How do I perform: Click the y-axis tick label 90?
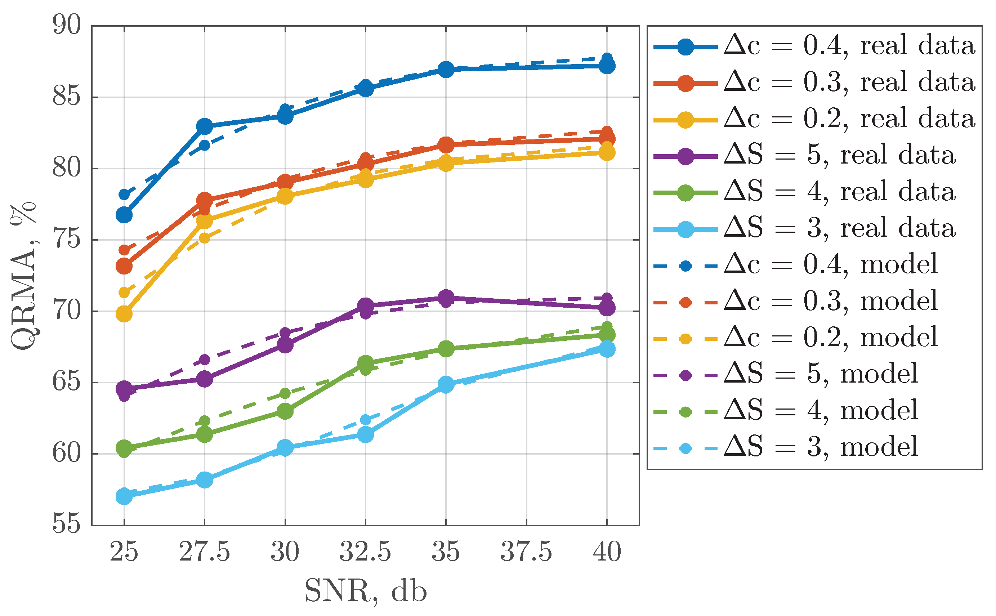[x=67, y=25]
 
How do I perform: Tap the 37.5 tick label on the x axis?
[x=526, y=552]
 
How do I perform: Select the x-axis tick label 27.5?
[x=205, y=552]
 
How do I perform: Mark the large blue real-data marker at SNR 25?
[x=124, y=215]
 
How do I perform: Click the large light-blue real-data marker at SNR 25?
[x=124, y=497]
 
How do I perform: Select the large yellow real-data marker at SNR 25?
[x=124, y=314]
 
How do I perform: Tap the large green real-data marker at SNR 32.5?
[x=365, y=363]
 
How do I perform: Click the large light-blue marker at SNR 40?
[x=607, y=349]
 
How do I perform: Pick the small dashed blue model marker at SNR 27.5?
[x=205, y=145]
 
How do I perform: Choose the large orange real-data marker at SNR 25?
[x=124, y=266]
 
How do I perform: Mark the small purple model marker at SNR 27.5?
[x=205, y=360]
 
